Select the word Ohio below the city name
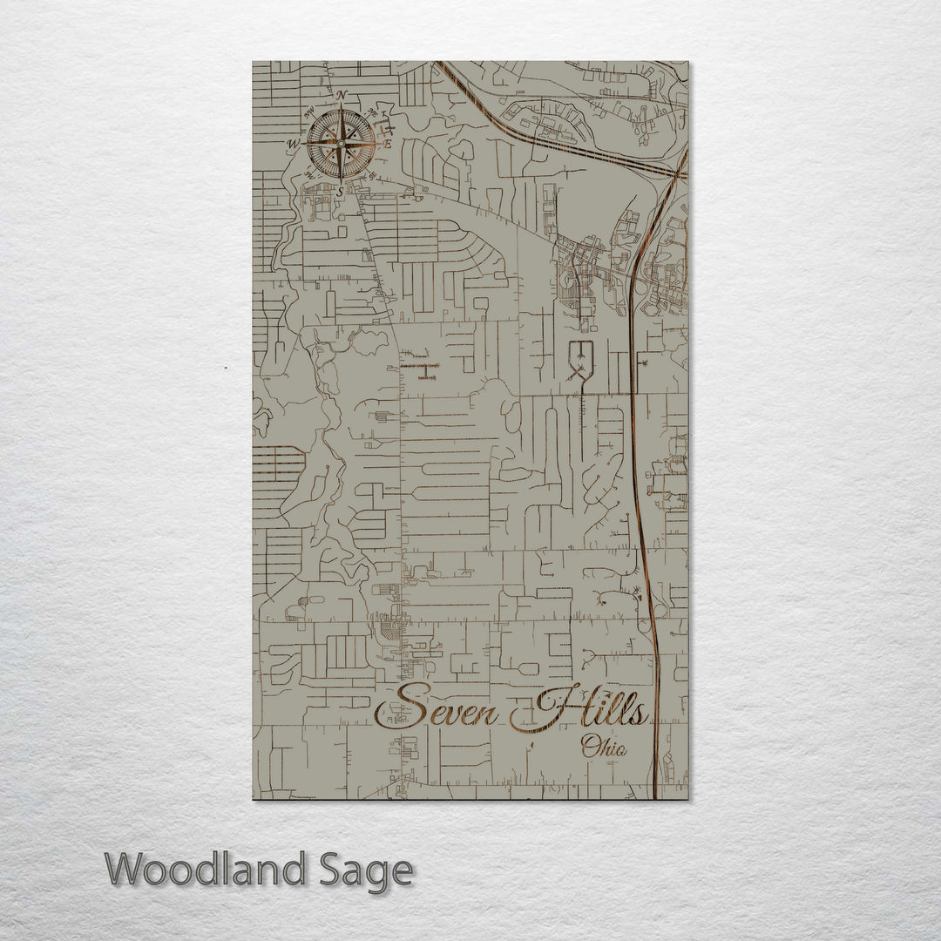(x=607, y=746)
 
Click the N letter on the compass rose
(x=342, y=95)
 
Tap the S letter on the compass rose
(x=341, y=192)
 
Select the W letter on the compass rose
(x=294, y=144)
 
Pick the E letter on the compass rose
(x=389, y=144)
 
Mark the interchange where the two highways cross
(x=674, y=173)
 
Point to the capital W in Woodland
(x=125, y=870)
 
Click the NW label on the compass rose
(x=308, y=111)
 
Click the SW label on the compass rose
(x=308, y=177)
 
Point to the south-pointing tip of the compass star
(x=342, y=180)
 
